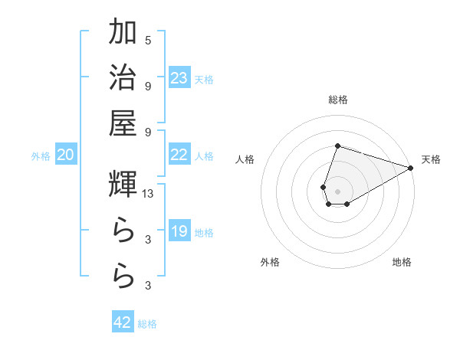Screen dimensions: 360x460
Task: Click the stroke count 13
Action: pyautogui.click(x=149, y=195)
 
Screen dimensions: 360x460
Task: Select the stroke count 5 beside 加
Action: pyautogui.click(x=148, y=41)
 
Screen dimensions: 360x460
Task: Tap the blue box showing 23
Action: pyautogui.click(x=179, y=78)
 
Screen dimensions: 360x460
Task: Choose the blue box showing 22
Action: pyautogui.click(x=179, y=155)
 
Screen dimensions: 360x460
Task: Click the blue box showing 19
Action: pyautogui.click(x=179, y=231)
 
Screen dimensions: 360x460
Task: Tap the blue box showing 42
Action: pyautogui.click(x=123, y=322)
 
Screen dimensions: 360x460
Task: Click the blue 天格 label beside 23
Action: pyautogui.click(x=204, y=79)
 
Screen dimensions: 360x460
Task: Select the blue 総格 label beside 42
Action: pyautogui.click(x=147, y=323)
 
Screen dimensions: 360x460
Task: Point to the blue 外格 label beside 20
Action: pyautogui.click(x=41, y=156)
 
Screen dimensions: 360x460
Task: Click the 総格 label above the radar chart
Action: pyautogui.click(x=338, y=100)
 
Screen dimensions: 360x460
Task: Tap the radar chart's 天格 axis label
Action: pyautogui.click(x=431, y=159)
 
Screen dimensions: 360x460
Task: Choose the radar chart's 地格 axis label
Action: pyautogui.click(x=402, y=262)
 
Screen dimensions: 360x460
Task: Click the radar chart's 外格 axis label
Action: pyautogui.click(x=270, y=262)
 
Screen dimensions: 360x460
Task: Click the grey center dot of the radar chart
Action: pyautogui.click(x=337, y=190)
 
